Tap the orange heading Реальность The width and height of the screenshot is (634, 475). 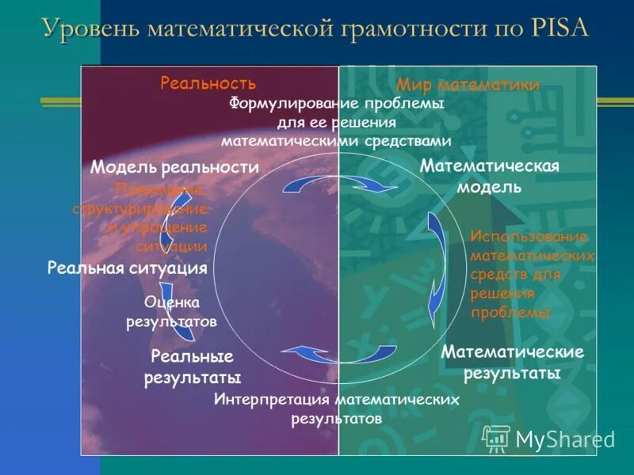[x=208, y=83]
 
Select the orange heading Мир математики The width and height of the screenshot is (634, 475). [x=468, y=85]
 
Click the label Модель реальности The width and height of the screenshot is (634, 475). [x=174, y=167]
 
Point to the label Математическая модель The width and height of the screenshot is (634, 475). [x=489, y=177]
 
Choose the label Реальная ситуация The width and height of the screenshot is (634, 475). [x=127, y=268]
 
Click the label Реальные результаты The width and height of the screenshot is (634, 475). [x=192, y=367]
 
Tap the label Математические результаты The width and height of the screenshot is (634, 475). [x=512, y=362]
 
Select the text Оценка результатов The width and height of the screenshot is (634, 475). [x=171, y=312]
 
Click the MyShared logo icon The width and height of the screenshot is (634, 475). [x=497, y=438]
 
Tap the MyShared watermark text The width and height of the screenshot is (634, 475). [x=565, y=439]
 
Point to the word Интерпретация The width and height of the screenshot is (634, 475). [x=272, y=400]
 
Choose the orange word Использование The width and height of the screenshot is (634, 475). [x=529, y=237]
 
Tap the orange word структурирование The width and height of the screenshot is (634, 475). [x=139, y=209]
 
